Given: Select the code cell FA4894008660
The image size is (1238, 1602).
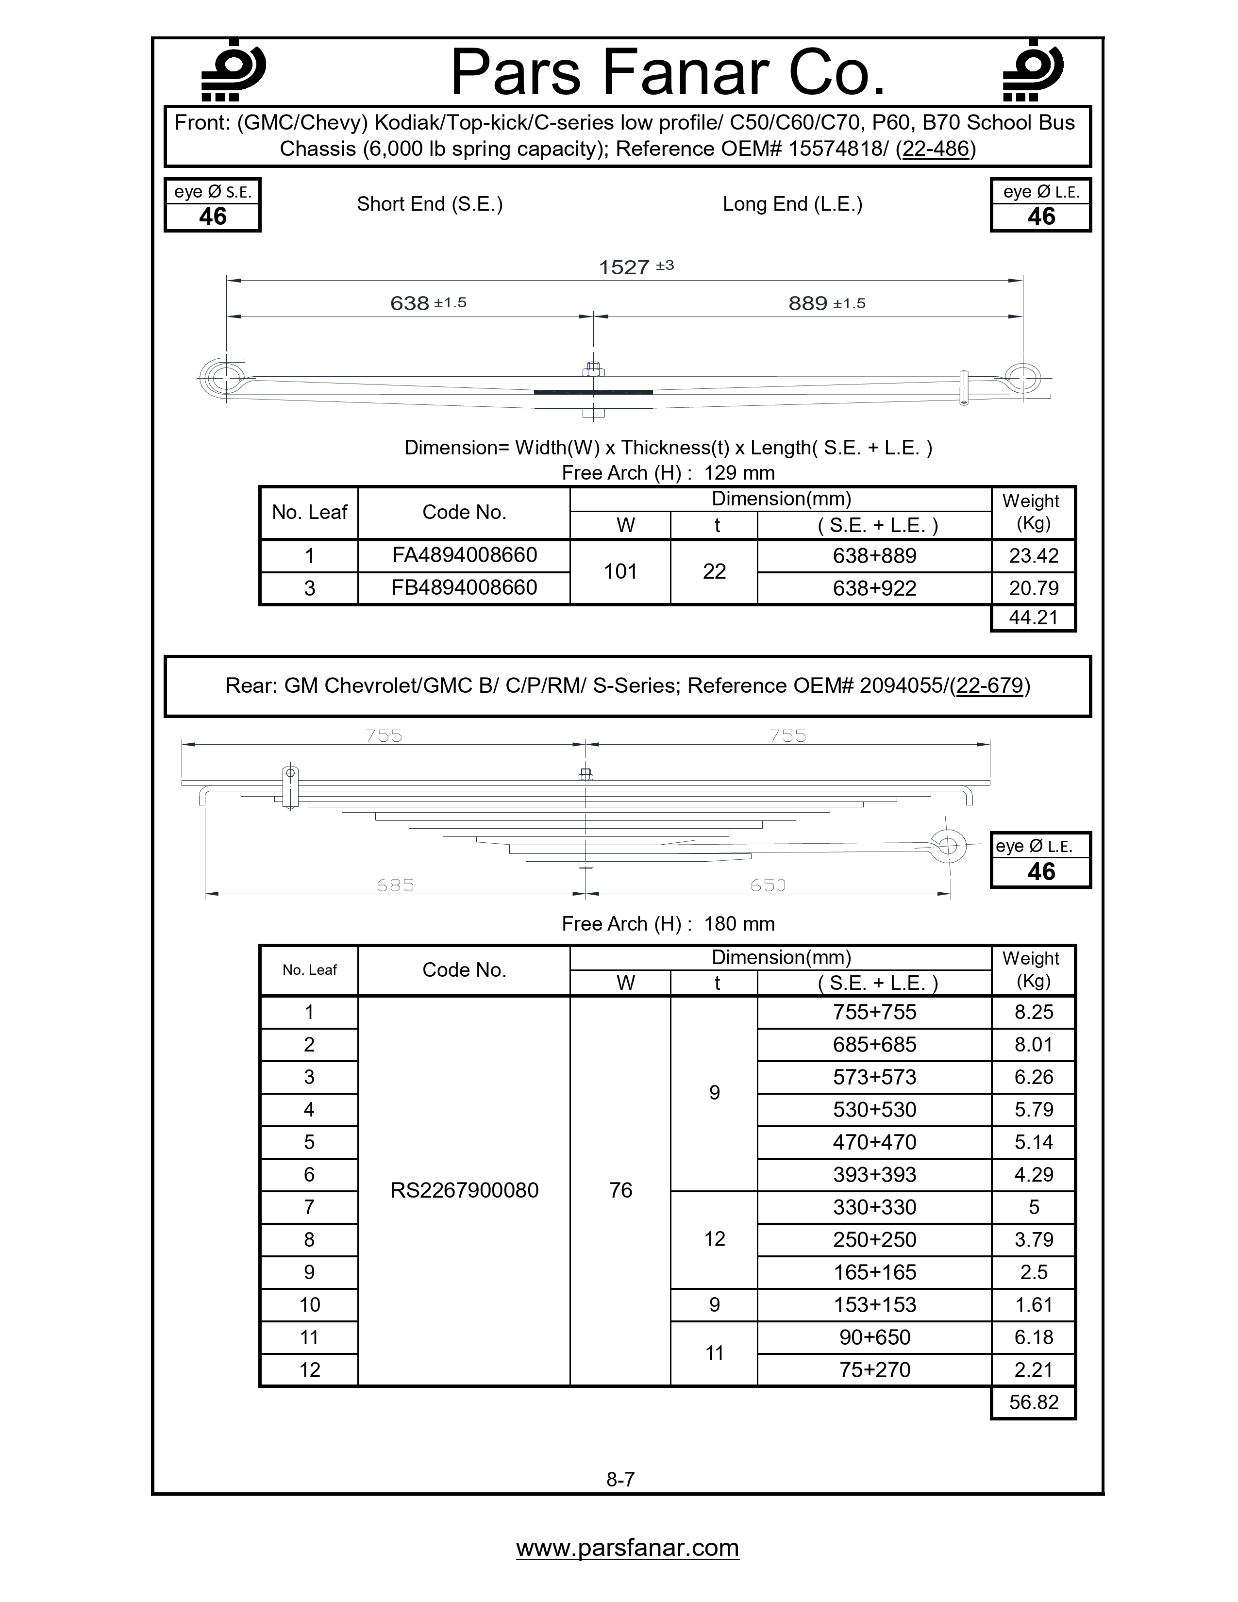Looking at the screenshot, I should coord(464,555).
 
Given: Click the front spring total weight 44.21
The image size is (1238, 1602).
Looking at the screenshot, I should coord(1034,617).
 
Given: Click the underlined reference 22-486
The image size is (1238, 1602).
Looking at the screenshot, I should coord(936,149).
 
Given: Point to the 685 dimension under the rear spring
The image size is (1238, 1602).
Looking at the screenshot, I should coord(395,885).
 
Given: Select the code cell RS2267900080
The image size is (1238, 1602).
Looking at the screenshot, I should coord(464,1190).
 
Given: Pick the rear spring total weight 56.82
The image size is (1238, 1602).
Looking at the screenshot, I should coord(1034,1402).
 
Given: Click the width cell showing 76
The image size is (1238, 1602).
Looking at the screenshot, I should coord(620,1190).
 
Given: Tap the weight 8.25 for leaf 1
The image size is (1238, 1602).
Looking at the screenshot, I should coord(1034,1012).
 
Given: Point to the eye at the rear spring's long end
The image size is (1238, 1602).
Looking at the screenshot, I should coord(948,846).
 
